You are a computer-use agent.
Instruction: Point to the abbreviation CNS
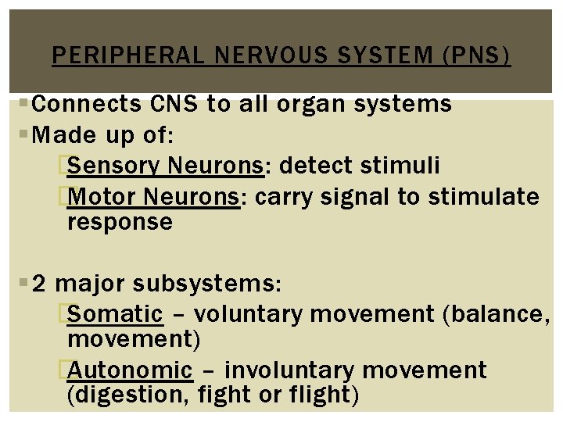pos(169,104)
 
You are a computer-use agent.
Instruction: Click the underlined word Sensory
pos(115,166)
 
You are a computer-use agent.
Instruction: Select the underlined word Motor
pos(102,197)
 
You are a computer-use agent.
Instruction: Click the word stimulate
pos(483,197)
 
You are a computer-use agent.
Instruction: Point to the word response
pos(120,223)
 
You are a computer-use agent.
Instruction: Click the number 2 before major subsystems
pos(40,282)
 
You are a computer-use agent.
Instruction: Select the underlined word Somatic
pos(115,314)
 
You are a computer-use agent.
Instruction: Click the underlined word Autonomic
pos(130,370)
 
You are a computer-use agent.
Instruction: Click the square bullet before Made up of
pos(28,135)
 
